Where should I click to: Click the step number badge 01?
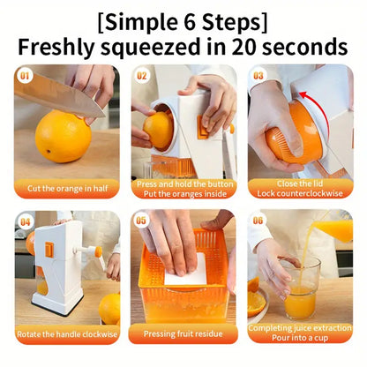[x=24, y=76]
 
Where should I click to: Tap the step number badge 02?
[x=142, y=76]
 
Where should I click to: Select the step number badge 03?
[x=258, y=76]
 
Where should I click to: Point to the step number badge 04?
[x=26, y=221]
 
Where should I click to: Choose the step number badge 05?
[x=142, y=221]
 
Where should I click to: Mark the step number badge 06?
[x=258, y=221]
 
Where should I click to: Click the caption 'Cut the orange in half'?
[x=66, y=188]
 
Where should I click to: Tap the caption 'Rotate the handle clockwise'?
[x=66, y=333]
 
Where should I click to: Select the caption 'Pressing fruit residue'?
[x=183, y=333]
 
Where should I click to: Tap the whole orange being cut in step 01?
[x=63, y=136]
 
